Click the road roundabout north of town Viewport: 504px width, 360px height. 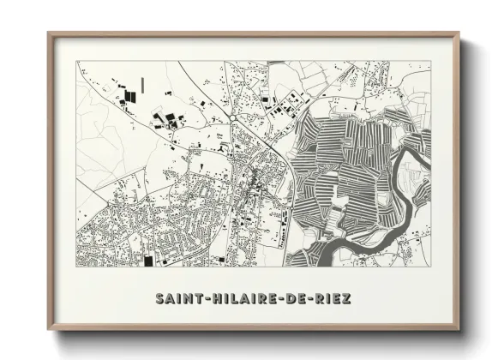[233, 118]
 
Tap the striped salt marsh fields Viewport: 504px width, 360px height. [343, 163]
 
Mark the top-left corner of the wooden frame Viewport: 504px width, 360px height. [49, 33]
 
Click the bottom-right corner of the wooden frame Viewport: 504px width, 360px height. [459, 328]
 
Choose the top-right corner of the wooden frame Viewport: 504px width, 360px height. [459, 33]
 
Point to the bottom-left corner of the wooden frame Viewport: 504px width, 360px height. [49, 328]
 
